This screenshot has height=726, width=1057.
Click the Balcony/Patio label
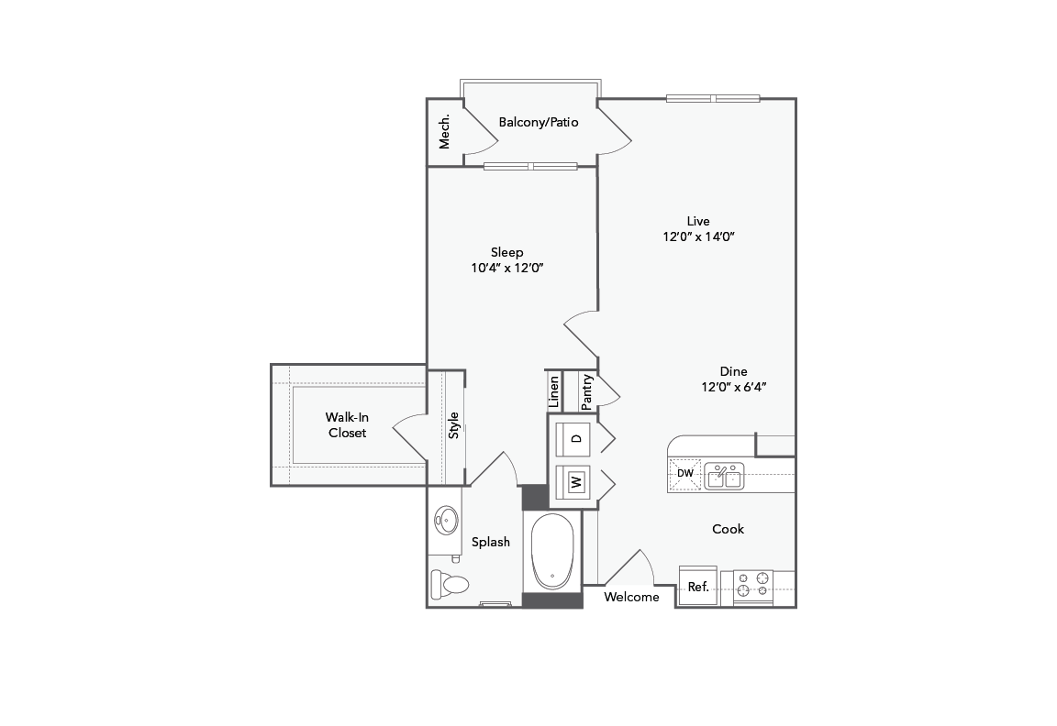click(x=539, y=122)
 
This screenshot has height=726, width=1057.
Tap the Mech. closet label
click(x=445, y=132)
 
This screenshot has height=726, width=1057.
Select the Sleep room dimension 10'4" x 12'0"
click(x=507, y=268)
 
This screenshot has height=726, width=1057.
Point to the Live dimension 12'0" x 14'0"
click(x=699, y=236)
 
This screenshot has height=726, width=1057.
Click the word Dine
click(x=733, y=371)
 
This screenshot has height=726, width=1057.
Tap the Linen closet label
click(x=554, y=392)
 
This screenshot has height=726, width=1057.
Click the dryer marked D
click(x=576, y=437)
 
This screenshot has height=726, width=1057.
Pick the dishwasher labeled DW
click(x=685, y=473)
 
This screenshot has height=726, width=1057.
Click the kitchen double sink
click(x=724, y=477)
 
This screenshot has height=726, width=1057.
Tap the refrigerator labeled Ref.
click(x=698, y=587)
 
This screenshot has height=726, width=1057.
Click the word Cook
click(x=728, y=529)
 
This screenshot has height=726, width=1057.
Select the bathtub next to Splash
click(x=552, y=552)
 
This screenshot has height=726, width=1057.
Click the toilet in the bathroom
click(x=450, y=583)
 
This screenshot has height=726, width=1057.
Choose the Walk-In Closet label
click(x=347, y=425)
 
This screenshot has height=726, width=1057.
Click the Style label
click(x=453, y=425)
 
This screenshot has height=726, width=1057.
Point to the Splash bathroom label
click(x=491, y=542)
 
